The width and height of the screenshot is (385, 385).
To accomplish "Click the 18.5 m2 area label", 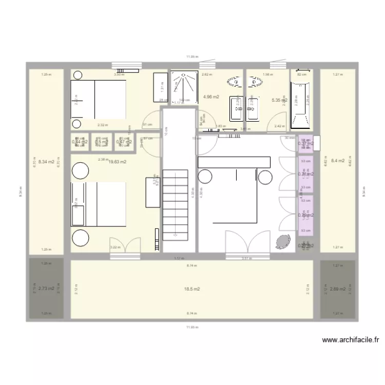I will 192,289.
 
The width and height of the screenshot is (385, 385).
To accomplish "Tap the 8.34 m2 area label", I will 46,161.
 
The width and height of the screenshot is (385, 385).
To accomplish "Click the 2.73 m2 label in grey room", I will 46,288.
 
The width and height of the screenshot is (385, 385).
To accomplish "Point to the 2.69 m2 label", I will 338,288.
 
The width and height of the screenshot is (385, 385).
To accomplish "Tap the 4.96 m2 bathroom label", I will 211,97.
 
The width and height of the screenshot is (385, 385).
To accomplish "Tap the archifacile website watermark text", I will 350,340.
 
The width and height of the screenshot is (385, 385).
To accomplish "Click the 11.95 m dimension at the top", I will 192,57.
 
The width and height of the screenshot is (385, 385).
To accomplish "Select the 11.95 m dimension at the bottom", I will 192,326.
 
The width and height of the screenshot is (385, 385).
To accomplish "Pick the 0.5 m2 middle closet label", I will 101,142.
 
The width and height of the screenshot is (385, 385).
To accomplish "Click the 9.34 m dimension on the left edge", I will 21,192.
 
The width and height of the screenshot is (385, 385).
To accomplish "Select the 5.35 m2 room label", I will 279,101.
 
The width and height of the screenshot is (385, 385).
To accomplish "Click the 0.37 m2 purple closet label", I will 305,144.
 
